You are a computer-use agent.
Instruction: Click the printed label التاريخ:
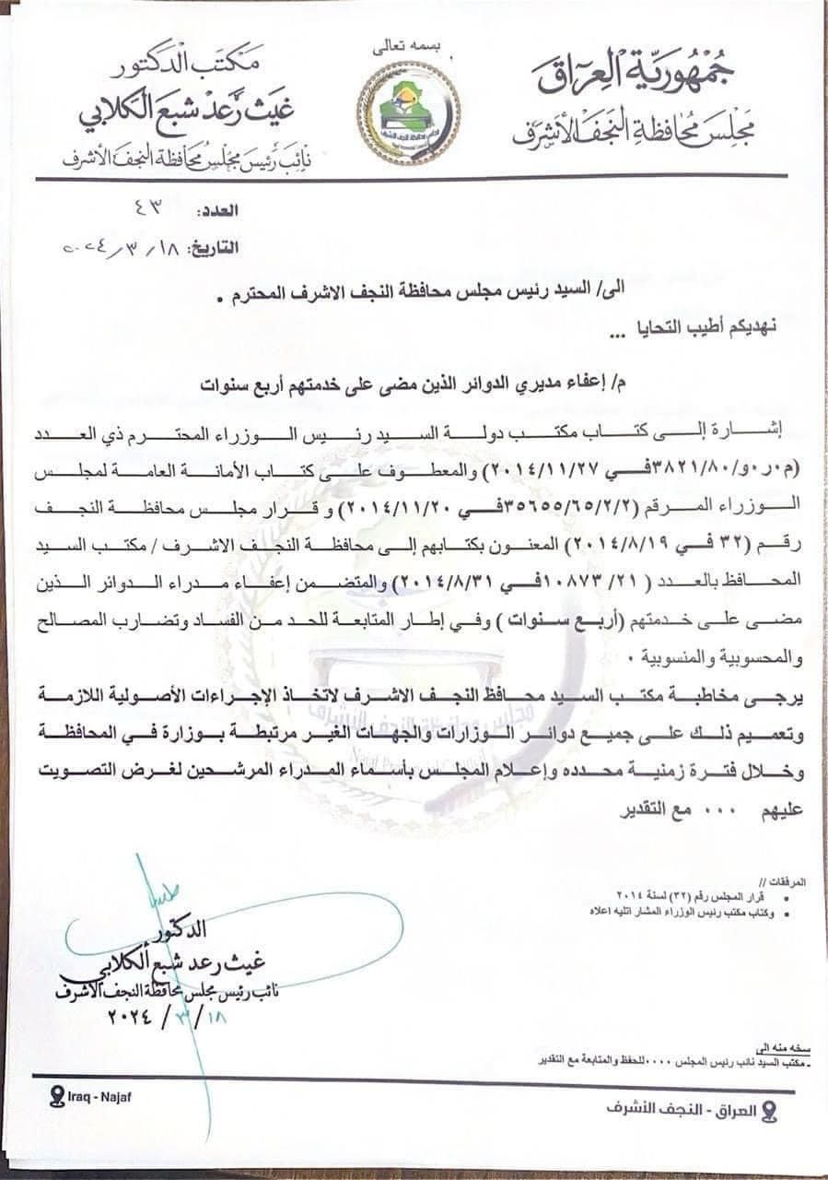pyautogui.click(x=213, y=247)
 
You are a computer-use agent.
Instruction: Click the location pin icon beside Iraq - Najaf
pyautogui.click(x=57, y=1096)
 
